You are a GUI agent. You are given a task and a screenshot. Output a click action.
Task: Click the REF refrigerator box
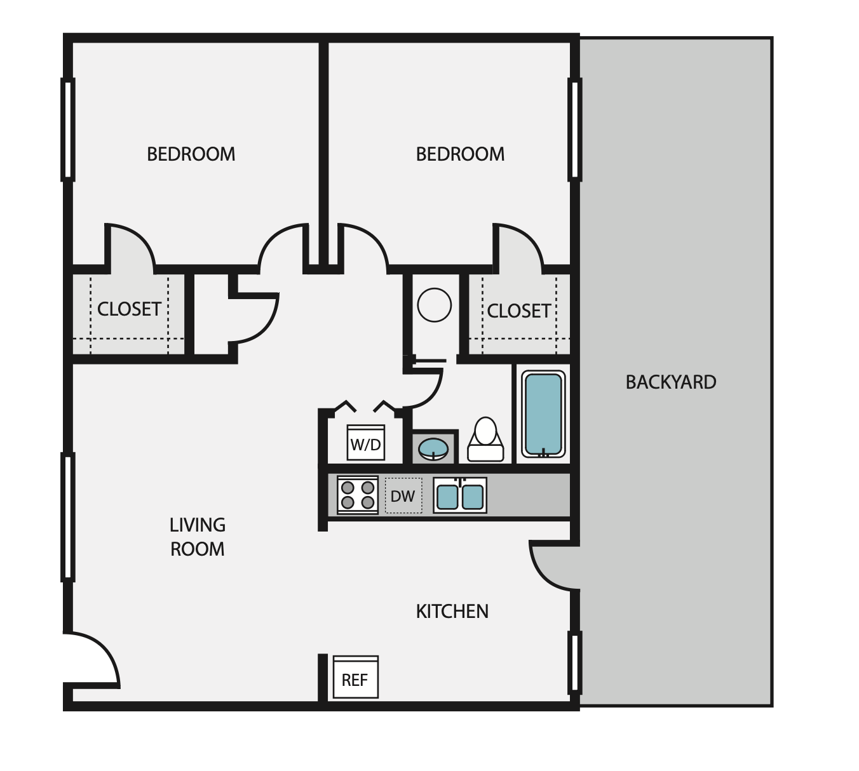[x=355, y=678]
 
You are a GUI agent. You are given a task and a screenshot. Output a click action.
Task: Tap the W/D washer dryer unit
[x=366, y=442]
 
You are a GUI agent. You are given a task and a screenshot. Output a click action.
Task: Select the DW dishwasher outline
[x=403, y=495]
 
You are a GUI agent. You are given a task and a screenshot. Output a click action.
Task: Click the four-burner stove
[x=357, y=495]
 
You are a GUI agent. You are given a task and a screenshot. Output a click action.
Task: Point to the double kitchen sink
[x=460, y=495]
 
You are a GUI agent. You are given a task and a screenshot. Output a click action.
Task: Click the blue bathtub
[x=543, y=413]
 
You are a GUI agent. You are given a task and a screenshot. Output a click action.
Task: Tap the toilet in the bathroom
[x=485, y=439]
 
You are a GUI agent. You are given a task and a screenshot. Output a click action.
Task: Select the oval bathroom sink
[x=433, y=448]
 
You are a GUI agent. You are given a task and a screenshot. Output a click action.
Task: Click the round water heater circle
[x=435, y=305]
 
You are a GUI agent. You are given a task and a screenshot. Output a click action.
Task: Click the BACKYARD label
[x=671, y=382]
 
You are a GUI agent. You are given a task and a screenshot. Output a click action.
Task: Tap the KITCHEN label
[x=452, y=611]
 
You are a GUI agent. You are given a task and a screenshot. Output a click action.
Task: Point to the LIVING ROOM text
[x=197, y=537]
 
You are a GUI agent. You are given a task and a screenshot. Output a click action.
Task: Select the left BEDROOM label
[x=191, y=154]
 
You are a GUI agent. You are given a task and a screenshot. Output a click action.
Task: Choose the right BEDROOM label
[x=460, y=154]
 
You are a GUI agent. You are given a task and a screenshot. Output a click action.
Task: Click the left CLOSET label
[x=129, y=309]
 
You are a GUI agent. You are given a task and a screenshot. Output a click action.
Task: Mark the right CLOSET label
[x=518, y=311]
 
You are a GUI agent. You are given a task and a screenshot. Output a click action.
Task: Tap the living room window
[x=67, y=516]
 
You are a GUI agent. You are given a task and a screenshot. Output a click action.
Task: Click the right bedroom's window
[x=574, y=129]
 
